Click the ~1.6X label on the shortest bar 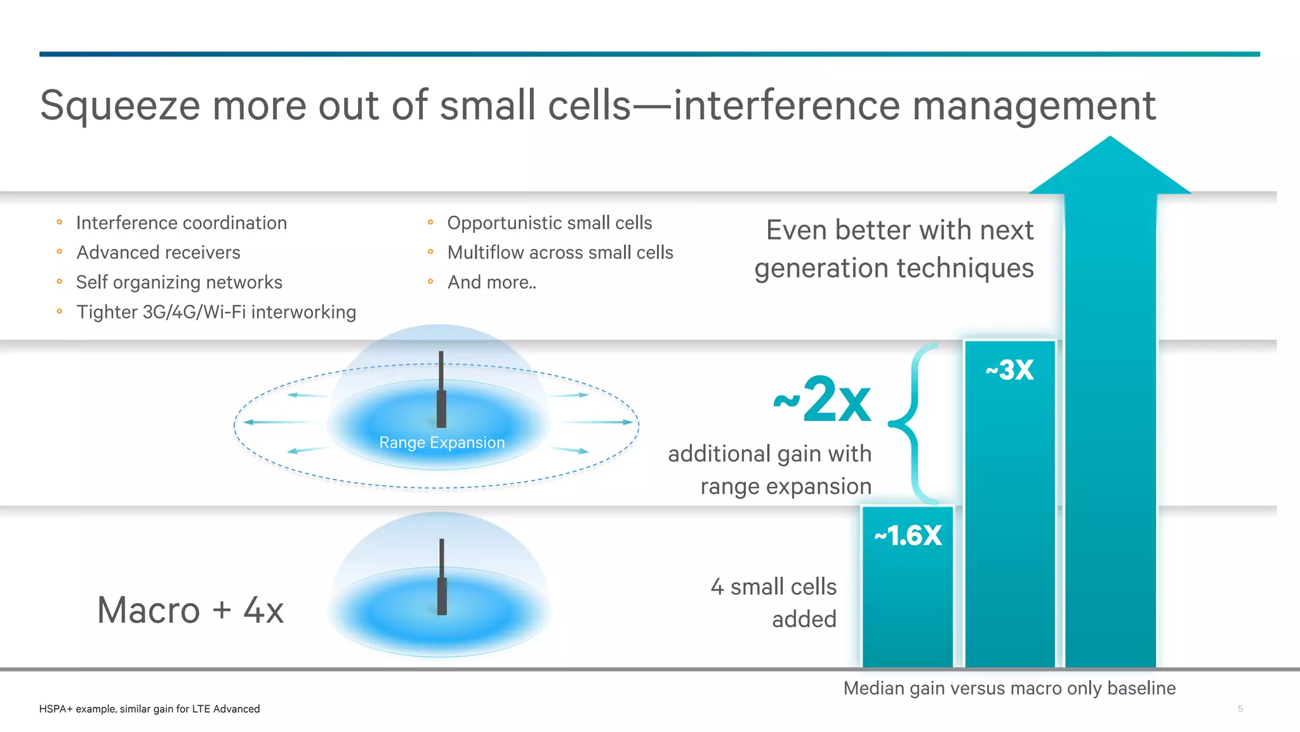coord(908,535)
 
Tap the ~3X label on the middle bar coord(1010,369)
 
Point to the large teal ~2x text coord(823,400)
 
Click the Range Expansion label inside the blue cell coord(442,443)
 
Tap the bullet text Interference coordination coord(182,223)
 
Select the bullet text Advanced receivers coord(158,253)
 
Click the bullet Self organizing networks coord(179,282)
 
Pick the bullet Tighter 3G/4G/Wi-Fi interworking coord(216,312)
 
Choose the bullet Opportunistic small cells coord(550,223)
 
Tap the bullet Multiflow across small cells coord(560,253)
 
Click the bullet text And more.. coord(491,282)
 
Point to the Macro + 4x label coord(190,610)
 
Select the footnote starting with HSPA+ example coord(149,709)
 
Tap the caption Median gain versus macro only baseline coord(1009,688)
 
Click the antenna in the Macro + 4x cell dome coord(442,578)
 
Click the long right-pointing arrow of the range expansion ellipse coord(597,422)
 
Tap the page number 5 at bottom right coord(1240,709)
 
